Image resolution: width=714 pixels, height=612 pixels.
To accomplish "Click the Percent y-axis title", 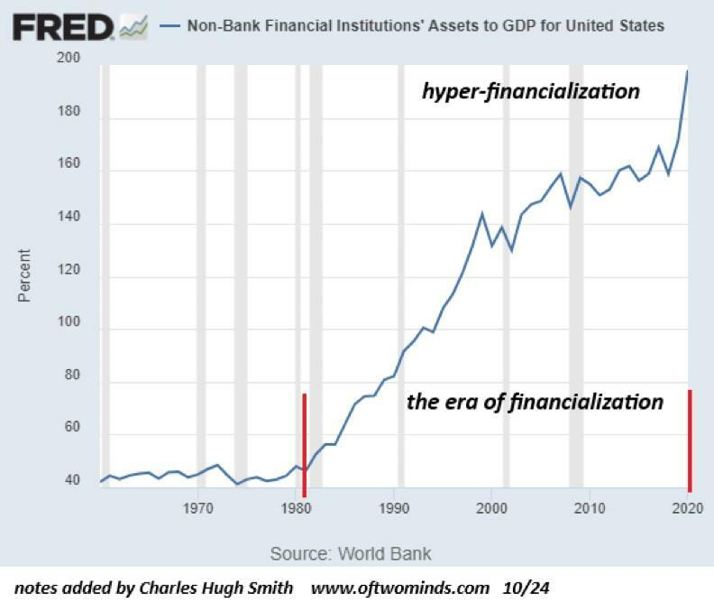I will pos(24,276).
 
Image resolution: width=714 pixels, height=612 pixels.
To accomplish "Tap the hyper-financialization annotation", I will pos(531,92).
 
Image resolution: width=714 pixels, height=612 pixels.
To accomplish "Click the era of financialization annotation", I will pos(535,402).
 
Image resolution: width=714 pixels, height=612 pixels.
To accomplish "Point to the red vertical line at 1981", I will pos(304,444).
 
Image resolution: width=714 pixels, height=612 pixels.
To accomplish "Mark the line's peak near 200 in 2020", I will pos(688,70).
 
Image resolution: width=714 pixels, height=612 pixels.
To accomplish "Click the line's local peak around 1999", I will pos(482,213).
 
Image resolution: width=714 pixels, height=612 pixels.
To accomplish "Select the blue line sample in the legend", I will pos(169,25).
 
